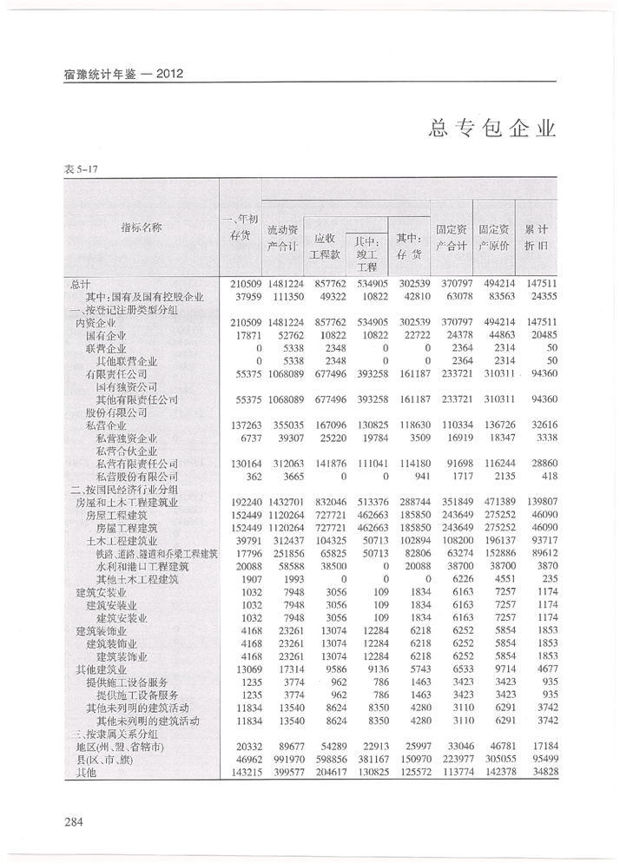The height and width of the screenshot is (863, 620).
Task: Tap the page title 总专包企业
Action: click(x=492, y=129)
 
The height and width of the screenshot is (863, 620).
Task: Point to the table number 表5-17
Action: click(x=80, y=168)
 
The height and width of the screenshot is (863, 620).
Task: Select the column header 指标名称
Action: click(x=141, y=227)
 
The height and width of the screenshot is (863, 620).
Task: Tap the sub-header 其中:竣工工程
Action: click(x=366, y=254)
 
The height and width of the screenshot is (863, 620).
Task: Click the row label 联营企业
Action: click(x=105, y=348)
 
